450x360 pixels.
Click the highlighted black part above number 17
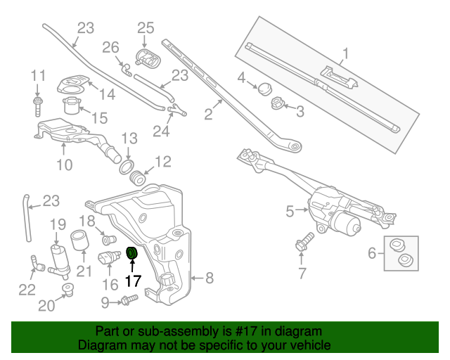tap(131, 252)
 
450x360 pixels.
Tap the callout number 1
tap(345, 53)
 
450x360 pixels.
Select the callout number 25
tap(145, 28)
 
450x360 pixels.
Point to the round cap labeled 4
tap(265, 89)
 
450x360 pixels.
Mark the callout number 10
tap(64, 165)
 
